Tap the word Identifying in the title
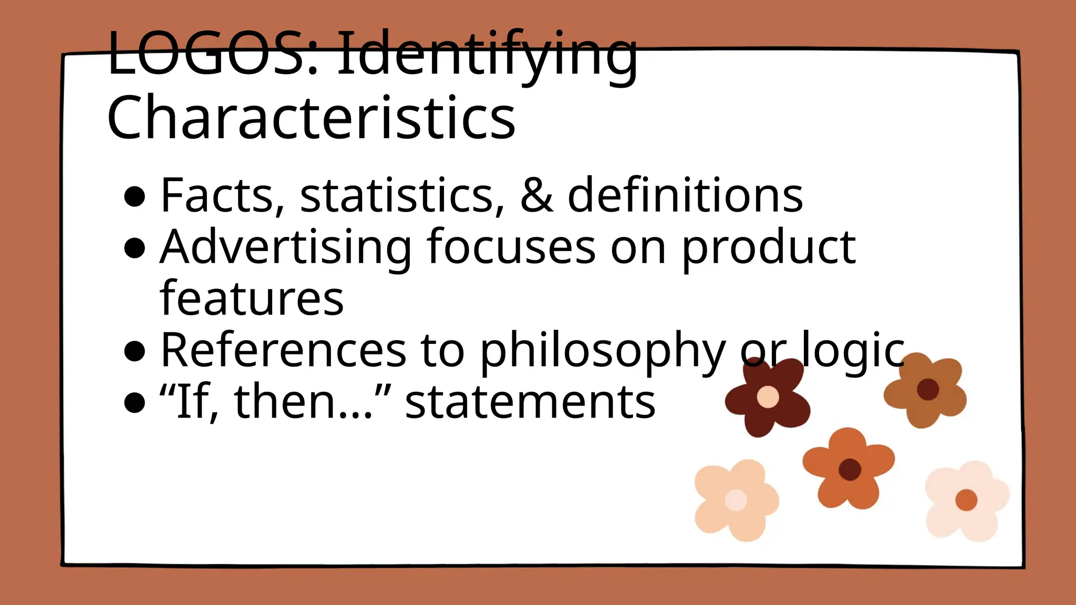point(487,55)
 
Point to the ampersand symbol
point(537,195)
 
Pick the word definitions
point(685,195)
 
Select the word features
point(252,298)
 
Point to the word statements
point(530,402)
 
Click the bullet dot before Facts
point(135,197)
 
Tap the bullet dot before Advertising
point(135,248)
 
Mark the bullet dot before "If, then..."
point(135,403)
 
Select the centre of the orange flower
point(849,469)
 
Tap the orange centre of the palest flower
point(966,500)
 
